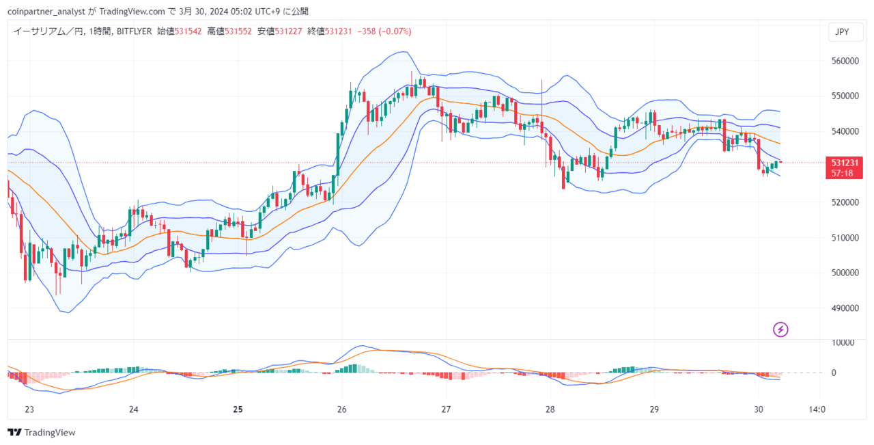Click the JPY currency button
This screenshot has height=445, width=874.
tap(846, 32)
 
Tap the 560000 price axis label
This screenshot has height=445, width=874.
tap(845, 61)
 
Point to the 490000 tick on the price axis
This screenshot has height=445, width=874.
tap(845, 308)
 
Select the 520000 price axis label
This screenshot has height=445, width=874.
tap(845, 202)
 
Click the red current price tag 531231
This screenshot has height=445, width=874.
tap(844, 167)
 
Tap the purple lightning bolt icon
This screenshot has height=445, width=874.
tap(780, 329)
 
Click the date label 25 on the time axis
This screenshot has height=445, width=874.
tap(238, 409)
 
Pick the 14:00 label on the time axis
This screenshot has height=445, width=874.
tap(817, 409)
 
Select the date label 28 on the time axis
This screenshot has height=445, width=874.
tap(550, 409)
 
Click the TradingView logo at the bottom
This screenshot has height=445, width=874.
tap(42, 433)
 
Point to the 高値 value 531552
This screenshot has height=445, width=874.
tap(238, 31)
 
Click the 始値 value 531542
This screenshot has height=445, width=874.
tap(188, 31)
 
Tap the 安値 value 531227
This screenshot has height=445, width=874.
tap(288, 31)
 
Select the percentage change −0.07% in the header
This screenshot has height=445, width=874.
tap(395, 31)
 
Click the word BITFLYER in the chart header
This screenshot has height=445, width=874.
tap(135, 31)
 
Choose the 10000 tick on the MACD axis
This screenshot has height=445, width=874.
tap(843, 342)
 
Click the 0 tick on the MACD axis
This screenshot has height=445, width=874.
tap(834, 373)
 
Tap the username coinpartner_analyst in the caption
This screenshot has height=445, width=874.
tap(46, 12)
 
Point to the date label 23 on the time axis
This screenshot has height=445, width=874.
tap(29, 409)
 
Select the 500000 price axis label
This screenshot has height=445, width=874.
tap(845, 273)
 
